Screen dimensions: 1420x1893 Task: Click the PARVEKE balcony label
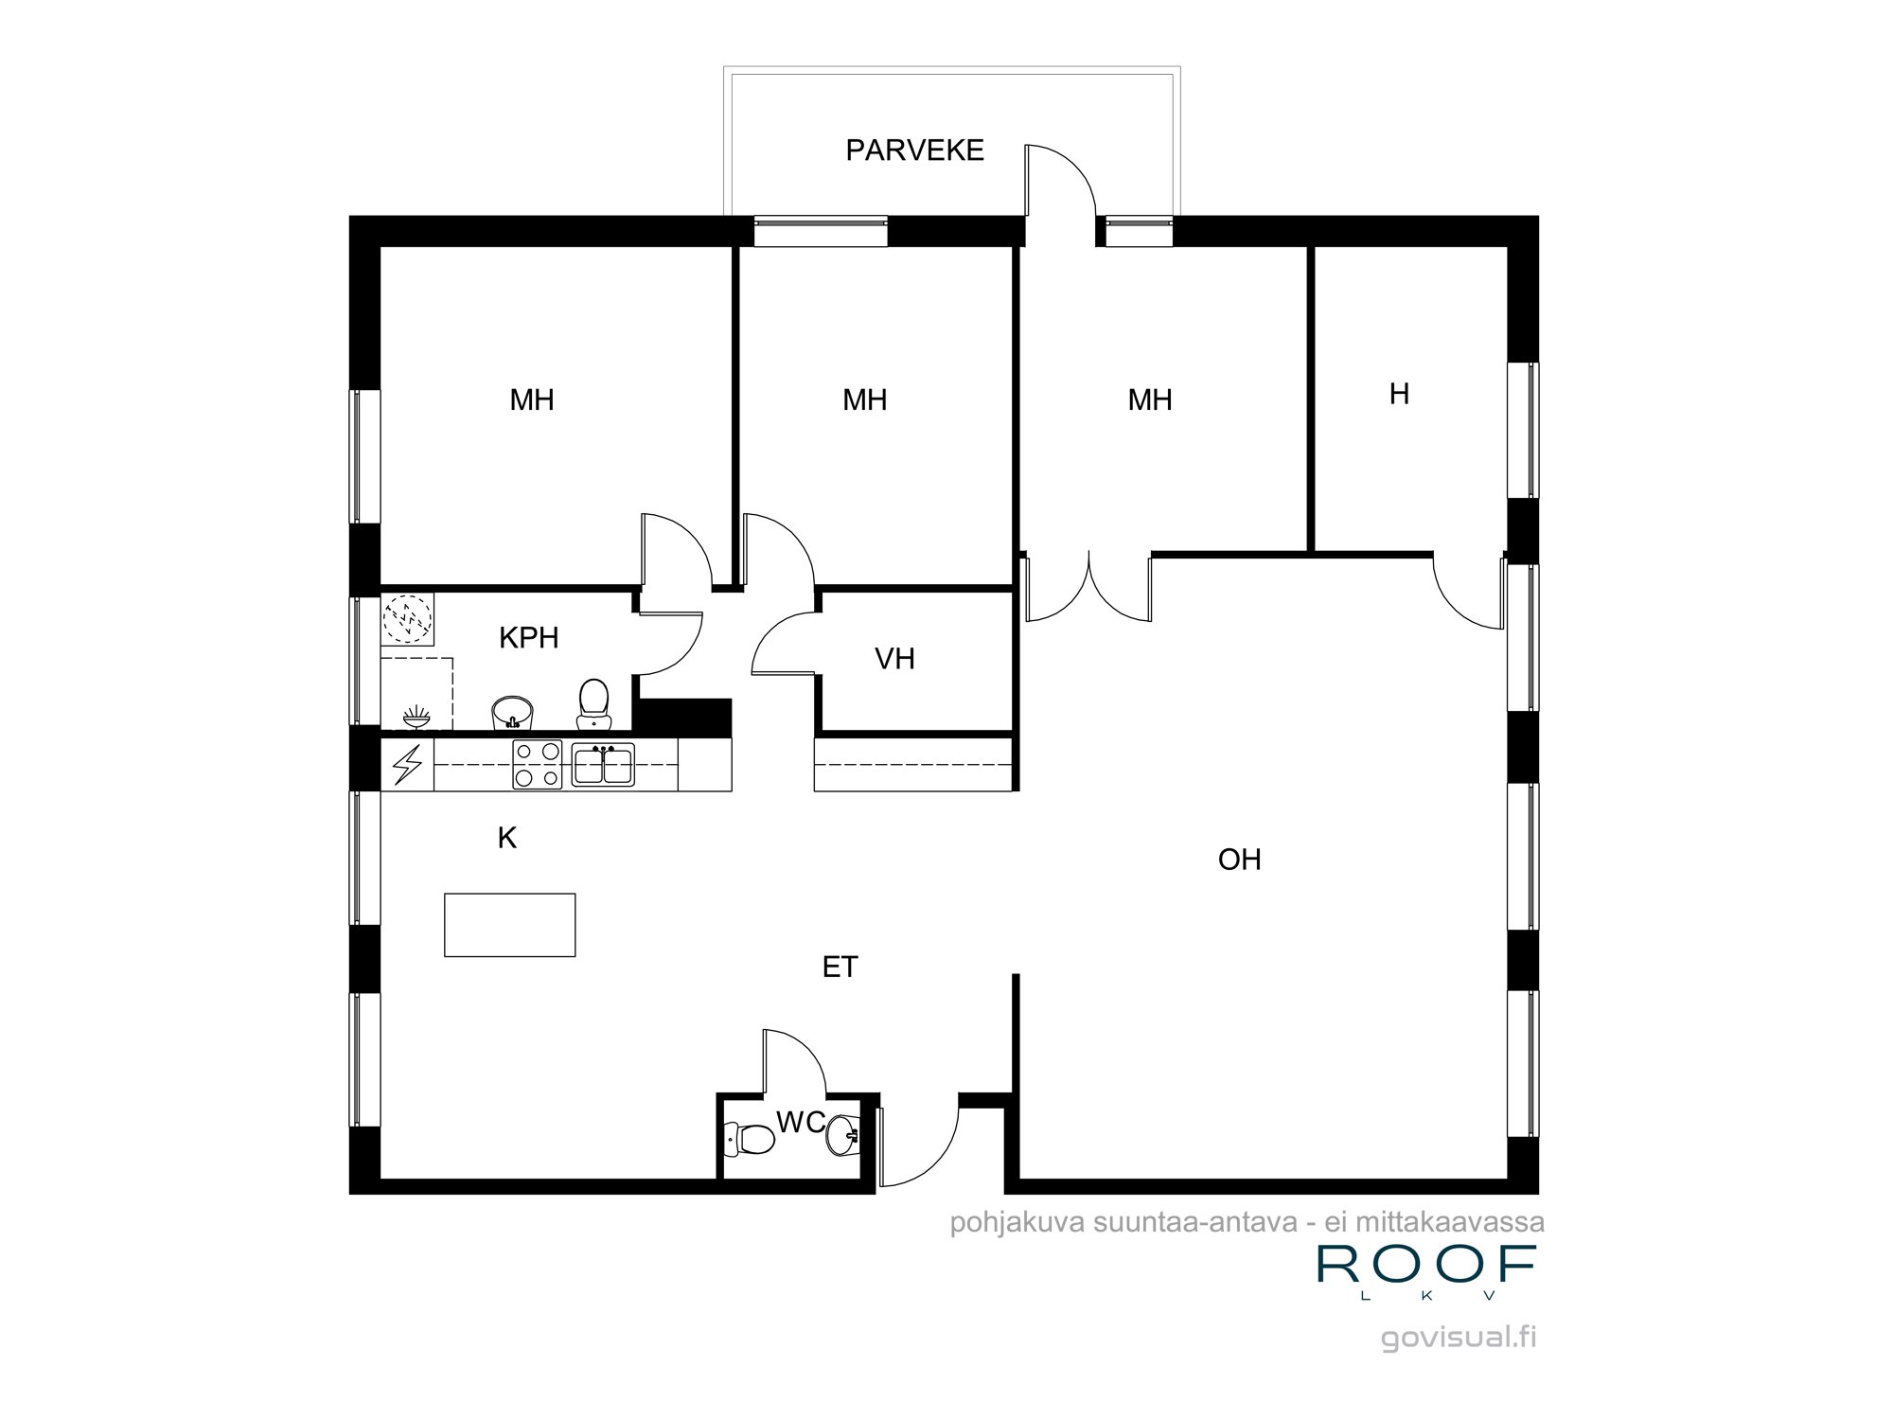click(x=914, y=151)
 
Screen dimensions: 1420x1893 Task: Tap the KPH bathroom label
click(x=528, y=638)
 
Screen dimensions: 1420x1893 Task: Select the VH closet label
click(x=894, y=659)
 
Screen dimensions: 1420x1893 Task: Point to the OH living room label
click(x=1239, y=860)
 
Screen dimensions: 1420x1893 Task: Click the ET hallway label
click(x=840, y=967)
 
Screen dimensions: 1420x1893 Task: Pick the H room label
click(x=1399, y=394)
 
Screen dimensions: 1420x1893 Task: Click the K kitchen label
click(x=507, y=838)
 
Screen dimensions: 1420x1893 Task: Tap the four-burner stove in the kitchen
click(x=537, y=765)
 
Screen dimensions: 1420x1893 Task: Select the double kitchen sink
click(x=603, y=765)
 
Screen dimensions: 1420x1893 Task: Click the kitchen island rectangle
click(x=510, y=925)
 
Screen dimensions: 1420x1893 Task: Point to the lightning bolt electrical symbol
click(x=408, y=765)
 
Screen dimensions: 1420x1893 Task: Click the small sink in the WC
click(x=842, y=1134)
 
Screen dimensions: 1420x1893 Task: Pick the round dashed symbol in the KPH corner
click(x=407, y=618)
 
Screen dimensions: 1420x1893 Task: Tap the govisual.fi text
click(x=1459, y=1338)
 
